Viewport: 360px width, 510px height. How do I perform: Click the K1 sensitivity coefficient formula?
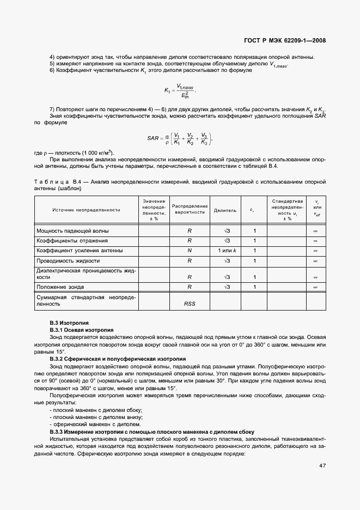(x=179, y=90)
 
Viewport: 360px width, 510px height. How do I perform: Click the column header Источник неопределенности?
(x=86, y=210)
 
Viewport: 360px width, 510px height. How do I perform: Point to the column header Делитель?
(x=225, y=210)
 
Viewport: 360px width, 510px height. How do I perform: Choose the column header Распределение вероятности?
(x=190, y=210)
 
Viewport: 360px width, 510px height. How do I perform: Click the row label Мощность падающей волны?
(x=70, y=231)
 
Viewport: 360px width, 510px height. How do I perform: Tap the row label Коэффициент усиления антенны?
(x=79, y=250)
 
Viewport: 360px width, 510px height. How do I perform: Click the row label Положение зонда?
(x=60, y=286)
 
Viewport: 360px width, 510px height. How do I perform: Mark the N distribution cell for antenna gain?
(x=190, y=250)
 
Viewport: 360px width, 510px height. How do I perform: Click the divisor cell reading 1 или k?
(x=225, y=250)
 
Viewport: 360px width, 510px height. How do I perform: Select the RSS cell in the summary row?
(x=190, y=303)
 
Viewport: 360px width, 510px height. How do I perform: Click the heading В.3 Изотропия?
(x=65, y=323)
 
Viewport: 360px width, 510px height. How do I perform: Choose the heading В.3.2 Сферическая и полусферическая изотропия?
(x=118, y=359)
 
